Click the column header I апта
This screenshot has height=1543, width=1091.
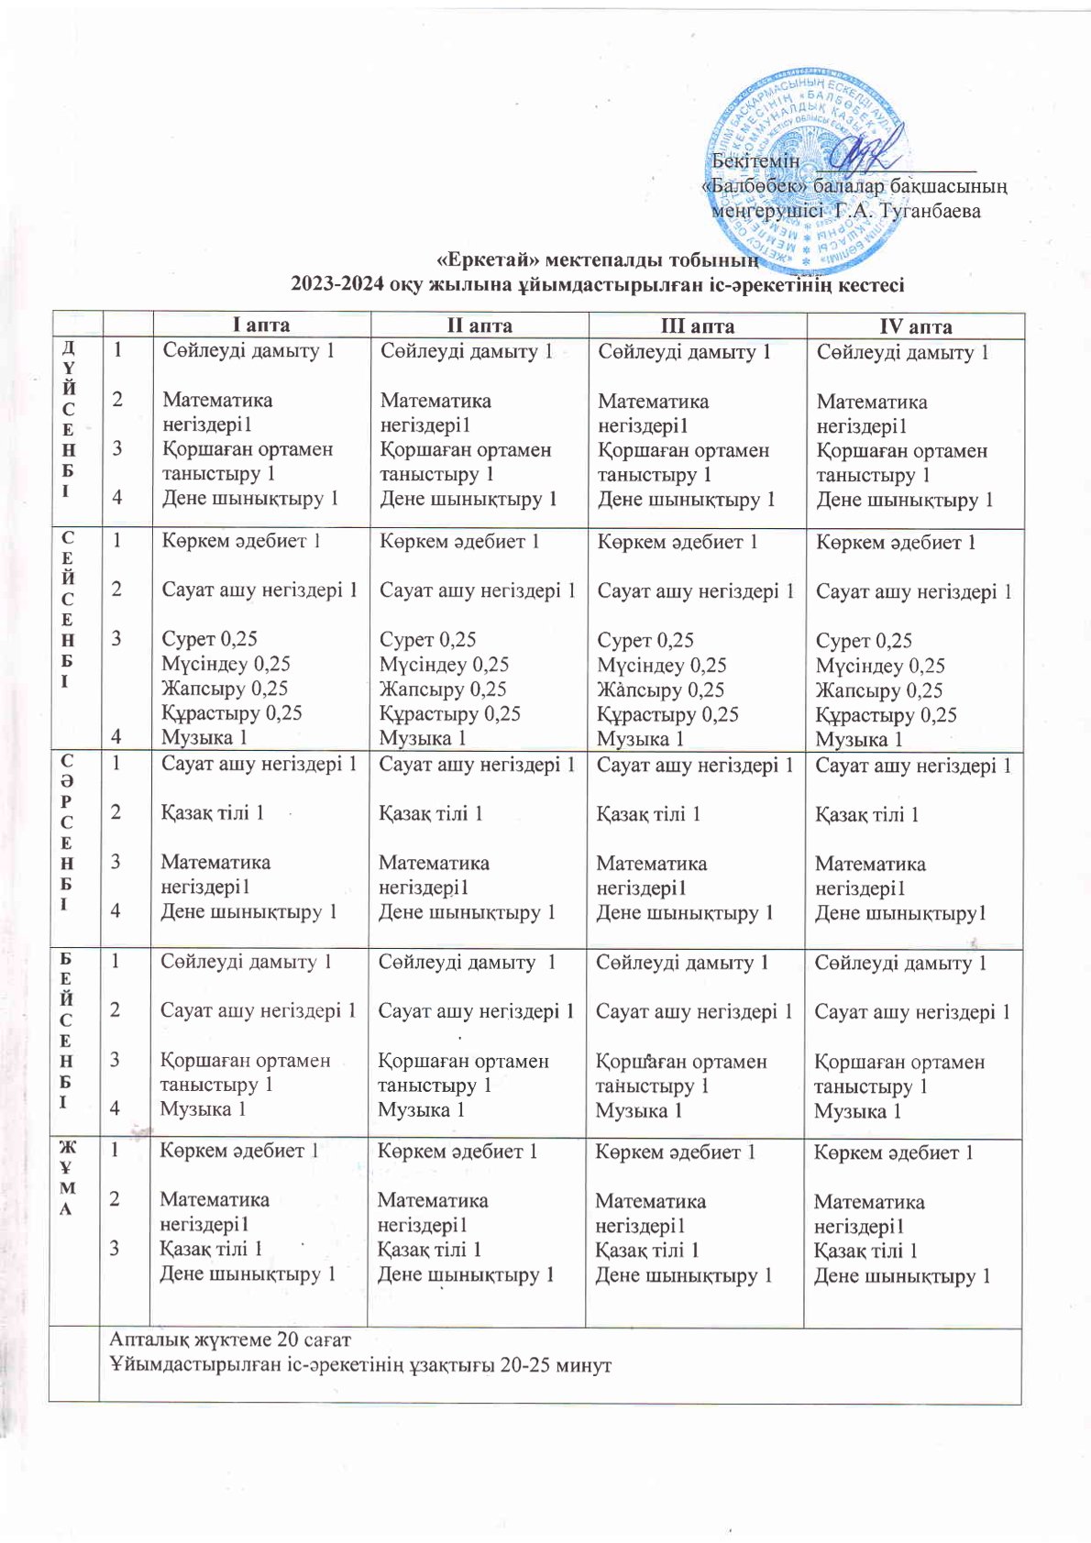(x=260, y=325)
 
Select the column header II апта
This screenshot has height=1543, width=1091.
(x=479, y=325)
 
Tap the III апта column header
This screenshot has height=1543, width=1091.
(x=697, y=326)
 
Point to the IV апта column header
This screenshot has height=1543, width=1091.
(x=915, y=326)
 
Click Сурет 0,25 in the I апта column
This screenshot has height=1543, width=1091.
(x=209, y=639)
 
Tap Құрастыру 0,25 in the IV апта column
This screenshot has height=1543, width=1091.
(x=886, y=715)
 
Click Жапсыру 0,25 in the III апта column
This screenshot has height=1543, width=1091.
(x=660, y=689)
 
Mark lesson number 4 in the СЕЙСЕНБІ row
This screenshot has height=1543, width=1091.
(x=117, y=734)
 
